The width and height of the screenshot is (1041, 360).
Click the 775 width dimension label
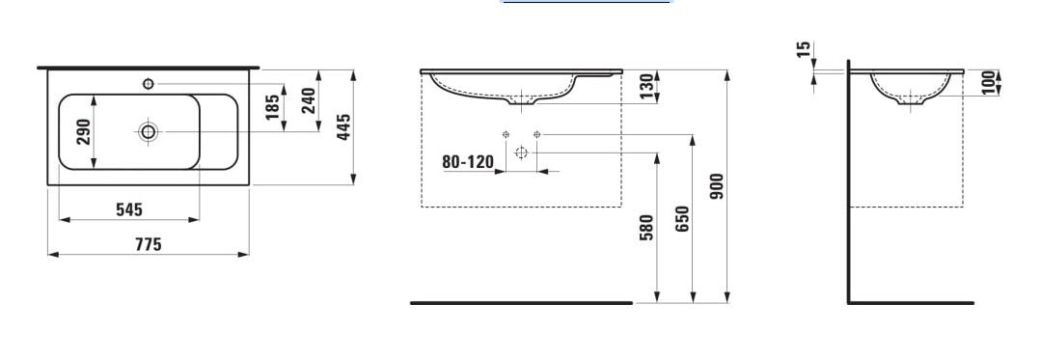pyautogui.click(x=148, y=244)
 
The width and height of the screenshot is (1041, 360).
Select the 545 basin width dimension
pyautogui.click(x=128, y=209)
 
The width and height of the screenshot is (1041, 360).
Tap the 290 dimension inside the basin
pyautogui.click(x=84, y=131)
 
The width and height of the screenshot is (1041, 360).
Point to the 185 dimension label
pyautogui.click(x=273, y=107)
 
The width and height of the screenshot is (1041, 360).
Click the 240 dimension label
pyautogui.click(x=309, y=100)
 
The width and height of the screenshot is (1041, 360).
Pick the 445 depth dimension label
pyautogui.click(x=343, y=126)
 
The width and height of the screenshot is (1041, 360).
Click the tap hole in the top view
pyautogui.click(x=148, y=84)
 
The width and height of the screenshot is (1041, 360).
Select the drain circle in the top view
pyautogui.click(x=148, y=131)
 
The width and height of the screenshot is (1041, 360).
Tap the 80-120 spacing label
pyautogui.click(x=468, y=161)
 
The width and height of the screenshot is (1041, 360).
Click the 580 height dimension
pyautogui.click(x=647, y=227)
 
